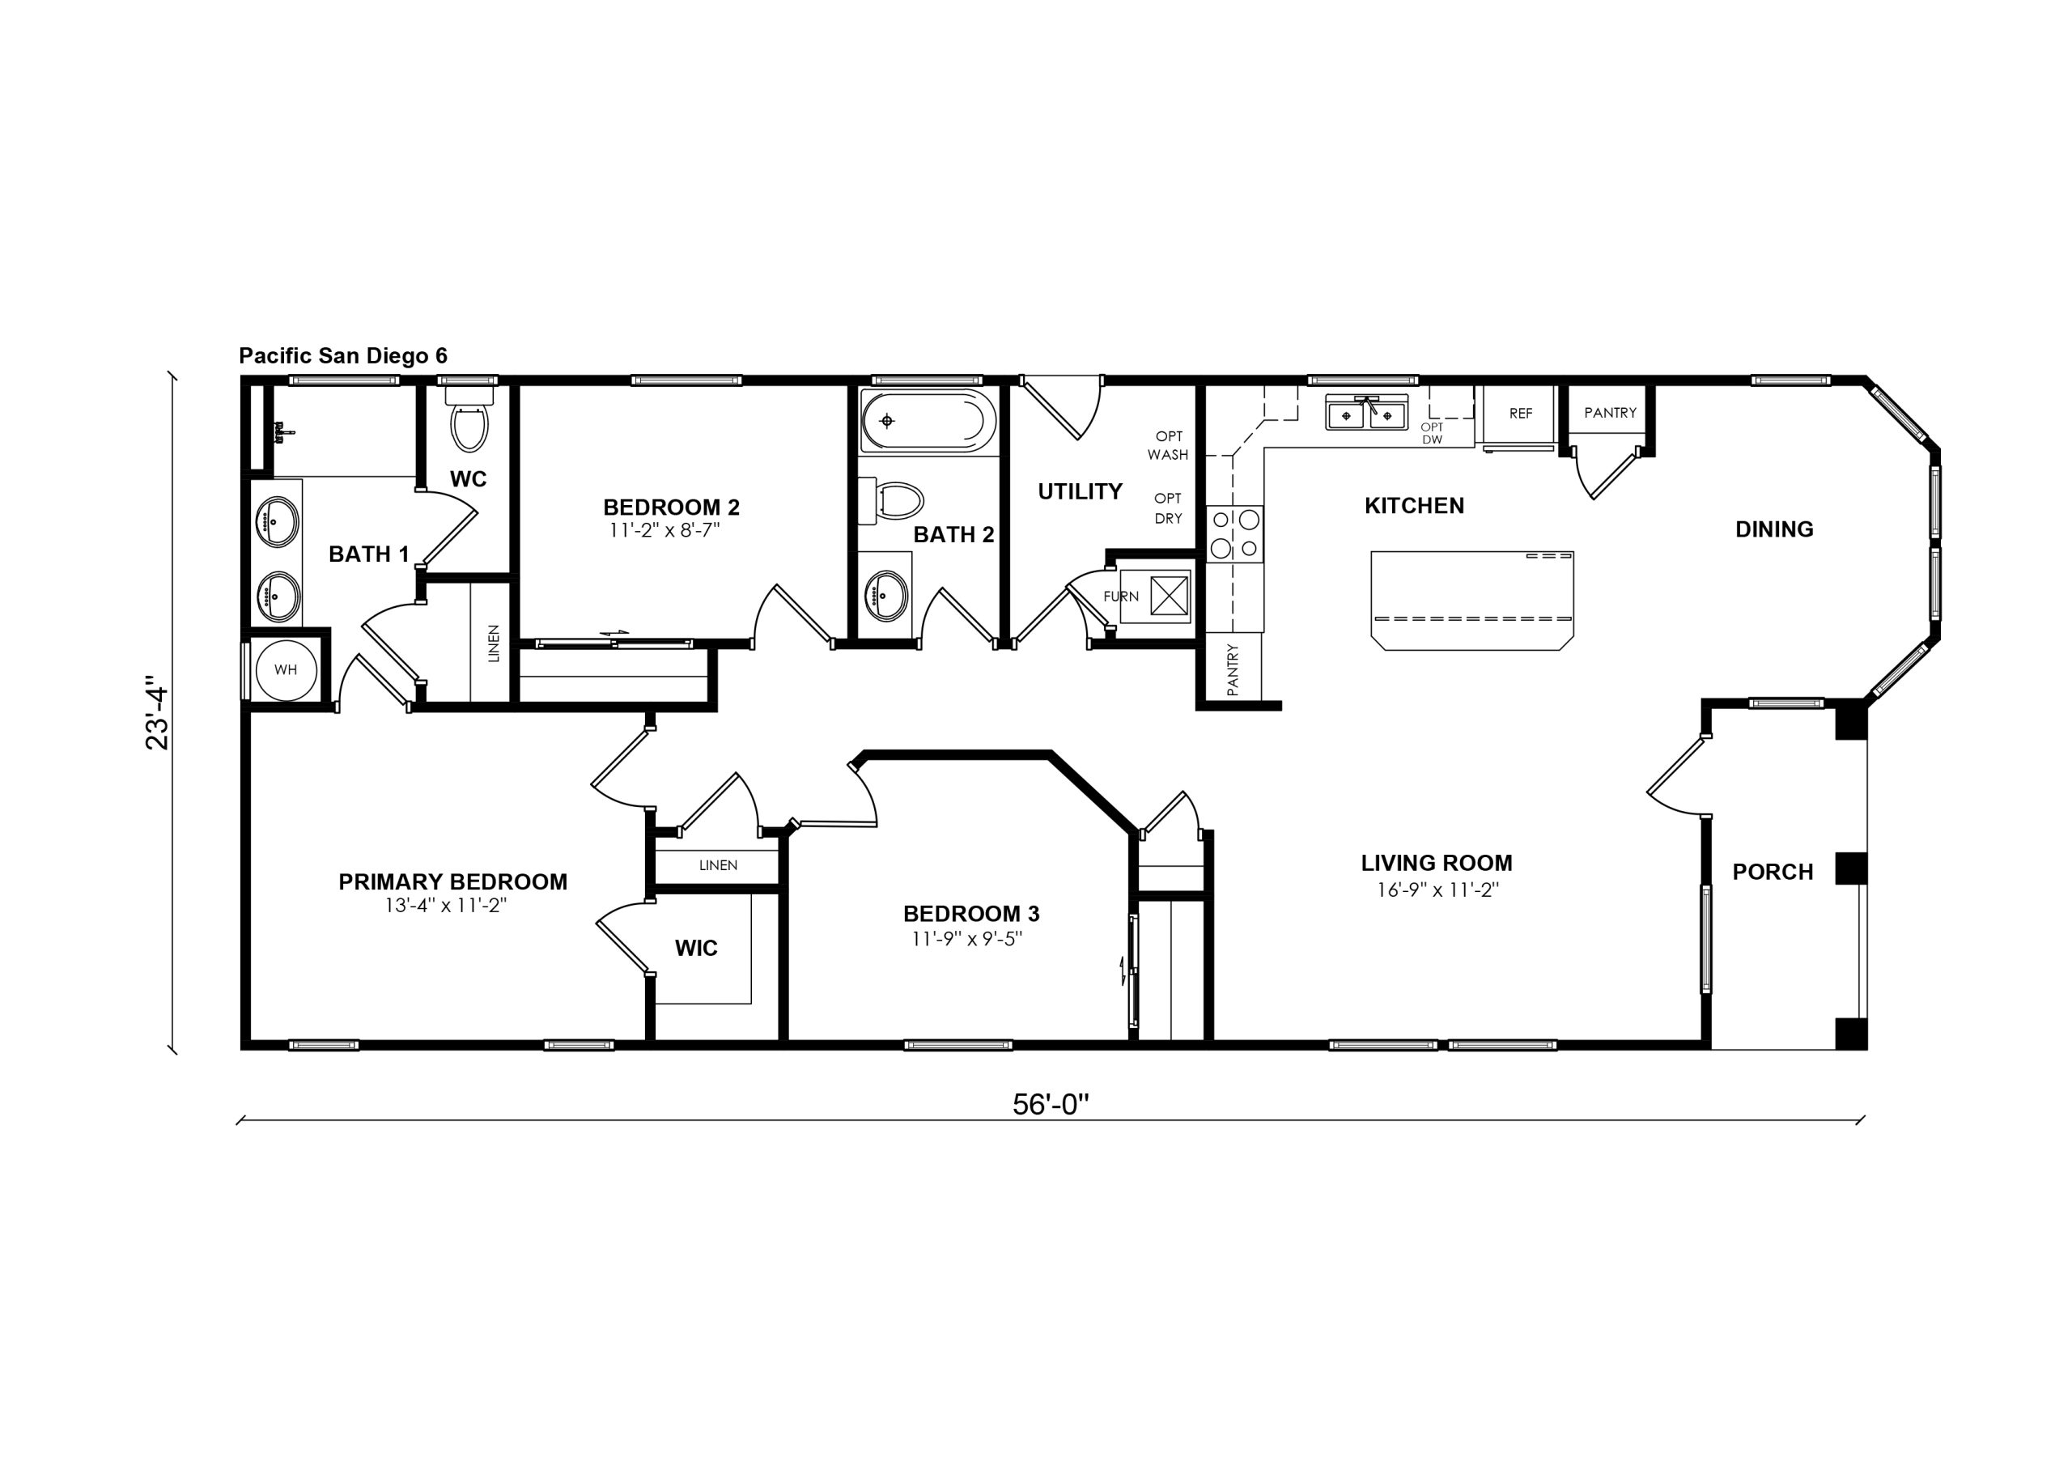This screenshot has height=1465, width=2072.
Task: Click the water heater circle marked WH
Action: (x=285, y=669)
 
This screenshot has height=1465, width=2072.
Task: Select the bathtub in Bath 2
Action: (x=928, y=420)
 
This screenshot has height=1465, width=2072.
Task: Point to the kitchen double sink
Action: (x=1366, y=414)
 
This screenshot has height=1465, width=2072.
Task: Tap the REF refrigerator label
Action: (x=1521, y=414)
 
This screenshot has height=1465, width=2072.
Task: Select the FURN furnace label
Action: (x=1121, y=597)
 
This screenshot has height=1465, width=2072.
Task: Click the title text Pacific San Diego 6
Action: (x=343, y=355)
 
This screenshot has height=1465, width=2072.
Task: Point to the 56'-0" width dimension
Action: (x=1051, y=1104)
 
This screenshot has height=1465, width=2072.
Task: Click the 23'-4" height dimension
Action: (x=157, y=713)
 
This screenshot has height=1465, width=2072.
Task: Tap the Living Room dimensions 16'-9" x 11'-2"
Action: (x=1437, y=890)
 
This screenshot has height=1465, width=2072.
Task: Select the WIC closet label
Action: (x=697, y=948)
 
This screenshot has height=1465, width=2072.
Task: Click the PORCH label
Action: (x=1773, y=872)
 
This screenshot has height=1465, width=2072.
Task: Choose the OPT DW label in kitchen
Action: (x=1432, y=433)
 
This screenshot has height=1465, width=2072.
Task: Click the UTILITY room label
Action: (x=1081, y=492)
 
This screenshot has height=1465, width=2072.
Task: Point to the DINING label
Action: (x=1774, y=529)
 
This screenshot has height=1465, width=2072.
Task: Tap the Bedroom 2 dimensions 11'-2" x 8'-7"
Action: (x=664, y=530)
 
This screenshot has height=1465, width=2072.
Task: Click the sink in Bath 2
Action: (x=885, y=596)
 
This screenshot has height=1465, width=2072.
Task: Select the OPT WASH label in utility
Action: (x=1168, y=446)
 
